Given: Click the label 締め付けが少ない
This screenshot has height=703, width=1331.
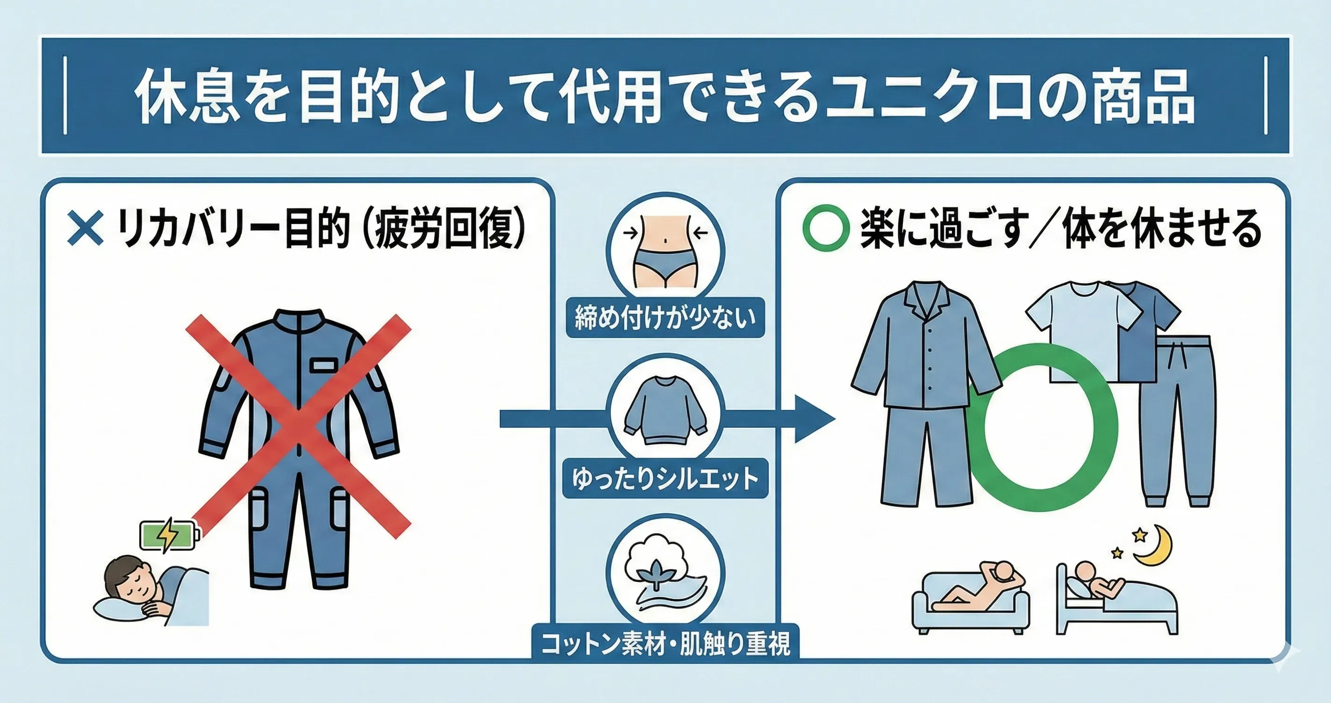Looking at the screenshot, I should [665, 317].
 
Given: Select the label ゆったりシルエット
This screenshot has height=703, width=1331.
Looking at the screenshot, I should [665, 478].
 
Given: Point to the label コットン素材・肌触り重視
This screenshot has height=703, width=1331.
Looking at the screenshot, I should [665, 644].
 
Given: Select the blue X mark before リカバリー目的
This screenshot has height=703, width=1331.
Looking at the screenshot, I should [85, 229].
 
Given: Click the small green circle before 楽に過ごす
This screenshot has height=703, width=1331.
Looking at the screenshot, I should [826, 229].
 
